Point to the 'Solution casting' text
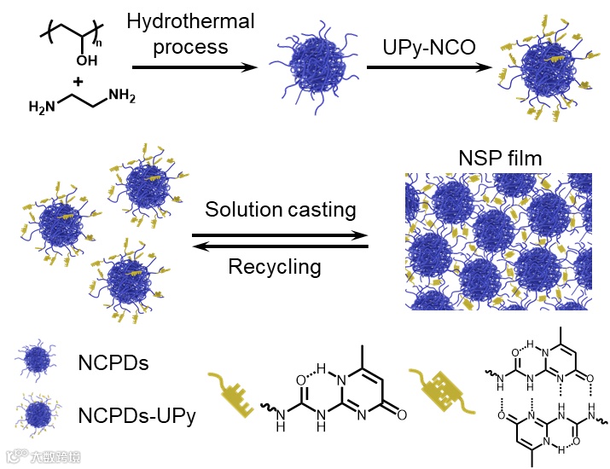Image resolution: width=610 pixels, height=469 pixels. (x=281, y=210)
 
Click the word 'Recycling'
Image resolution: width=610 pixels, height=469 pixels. (x=274, y=267)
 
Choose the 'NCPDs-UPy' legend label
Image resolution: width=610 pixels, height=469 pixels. (x=135, y=417)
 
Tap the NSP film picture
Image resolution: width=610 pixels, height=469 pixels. (x=498, y=240)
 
